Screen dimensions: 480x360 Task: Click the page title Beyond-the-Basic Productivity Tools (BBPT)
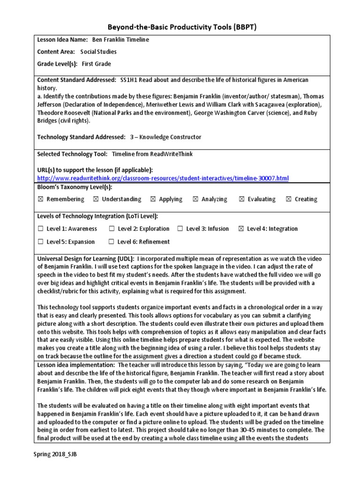tap(180, 27)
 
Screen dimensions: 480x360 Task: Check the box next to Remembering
tap(40, 199)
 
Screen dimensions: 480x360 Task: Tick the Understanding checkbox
tap(96, 199)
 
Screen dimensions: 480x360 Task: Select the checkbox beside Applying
tap(153, 199)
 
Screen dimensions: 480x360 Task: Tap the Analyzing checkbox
tap(195, 199)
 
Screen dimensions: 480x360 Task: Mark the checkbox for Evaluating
tap(242, 199)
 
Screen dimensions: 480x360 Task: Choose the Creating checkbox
tap(289, 199)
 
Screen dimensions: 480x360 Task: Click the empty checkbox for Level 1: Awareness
tap(40, 229)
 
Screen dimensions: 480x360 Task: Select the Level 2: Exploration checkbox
tap(112, 229)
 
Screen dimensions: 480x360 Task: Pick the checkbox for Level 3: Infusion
tap(180, 229)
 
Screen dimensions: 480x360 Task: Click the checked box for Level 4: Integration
tap(241, 229)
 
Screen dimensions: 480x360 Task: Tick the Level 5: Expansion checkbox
tap(40, 242)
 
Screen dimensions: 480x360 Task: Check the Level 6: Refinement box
tap(112, 242)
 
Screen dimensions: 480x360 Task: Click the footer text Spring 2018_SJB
tap(54, 455)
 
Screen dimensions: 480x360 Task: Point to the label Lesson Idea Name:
tap(62, 40)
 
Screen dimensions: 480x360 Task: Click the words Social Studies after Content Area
tap(98, 52)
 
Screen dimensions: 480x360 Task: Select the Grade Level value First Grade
tap(96, 64)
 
